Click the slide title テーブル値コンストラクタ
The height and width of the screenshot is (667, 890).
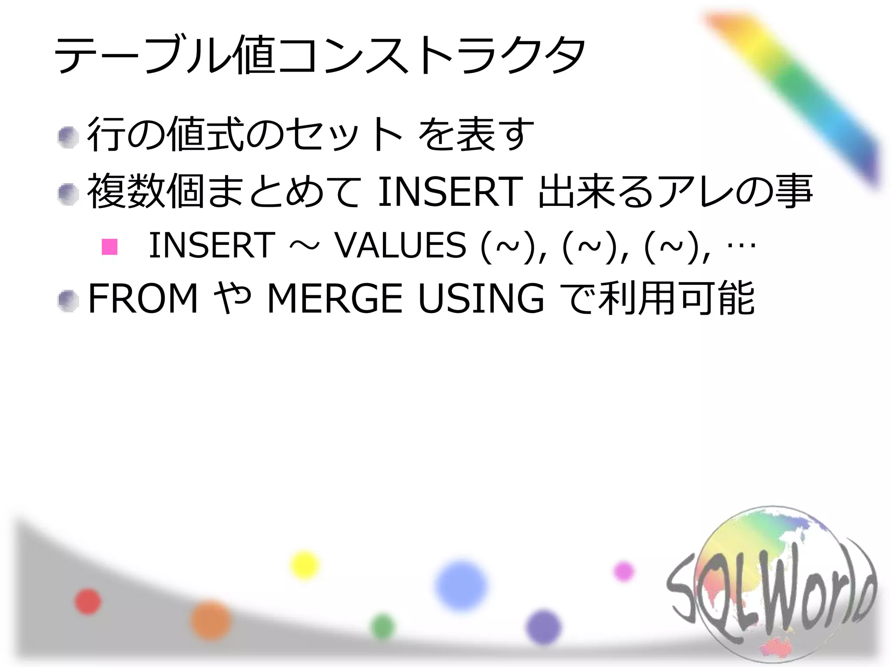coord(319,56)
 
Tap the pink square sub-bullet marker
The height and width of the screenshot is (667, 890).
coord(110,246)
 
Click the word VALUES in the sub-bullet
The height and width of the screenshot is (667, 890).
coord(400,245)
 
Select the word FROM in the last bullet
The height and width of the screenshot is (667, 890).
coord(143,298)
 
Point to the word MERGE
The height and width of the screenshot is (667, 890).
coord(335,298)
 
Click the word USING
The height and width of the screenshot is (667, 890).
coord(481,298)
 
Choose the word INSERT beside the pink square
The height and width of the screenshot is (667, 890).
coord(212,245)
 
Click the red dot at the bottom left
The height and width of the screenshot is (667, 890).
coord(88,602)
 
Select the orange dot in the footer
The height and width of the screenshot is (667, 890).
coord(211,620)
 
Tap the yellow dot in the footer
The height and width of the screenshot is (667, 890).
coord(304,565)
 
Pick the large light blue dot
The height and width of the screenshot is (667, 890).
coord(461,585)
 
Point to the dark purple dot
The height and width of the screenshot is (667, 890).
coord(543,627)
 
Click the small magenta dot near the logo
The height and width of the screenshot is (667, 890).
coord(624,571)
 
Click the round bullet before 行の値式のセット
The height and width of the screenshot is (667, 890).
coord(68,138)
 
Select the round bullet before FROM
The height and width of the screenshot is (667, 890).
coord(68,301)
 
